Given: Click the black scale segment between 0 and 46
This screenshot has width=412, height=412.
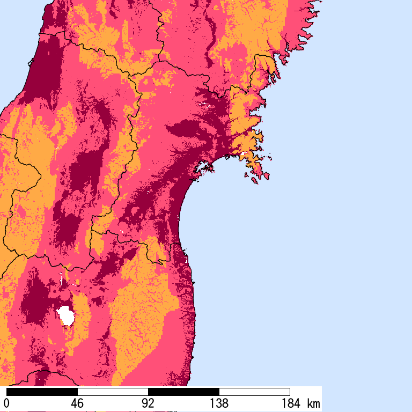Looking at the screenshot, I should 42,392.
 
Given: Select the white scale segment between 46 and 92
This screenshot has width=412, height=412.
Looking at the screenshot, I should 113,392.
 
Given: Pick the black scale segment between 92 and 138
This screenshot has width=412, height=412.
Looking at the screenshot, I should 183,392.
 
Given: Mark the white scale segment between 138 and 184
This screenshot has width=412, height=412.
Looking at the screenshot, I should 254,392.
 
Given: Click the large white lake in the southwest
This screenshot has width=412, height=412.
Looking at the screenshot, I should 67,315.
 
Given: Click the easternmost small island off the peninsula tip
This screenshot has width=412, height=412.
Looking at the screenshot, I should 266,175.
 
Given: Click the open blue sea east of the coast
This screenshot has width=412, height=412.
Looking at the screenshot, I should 311,241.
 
